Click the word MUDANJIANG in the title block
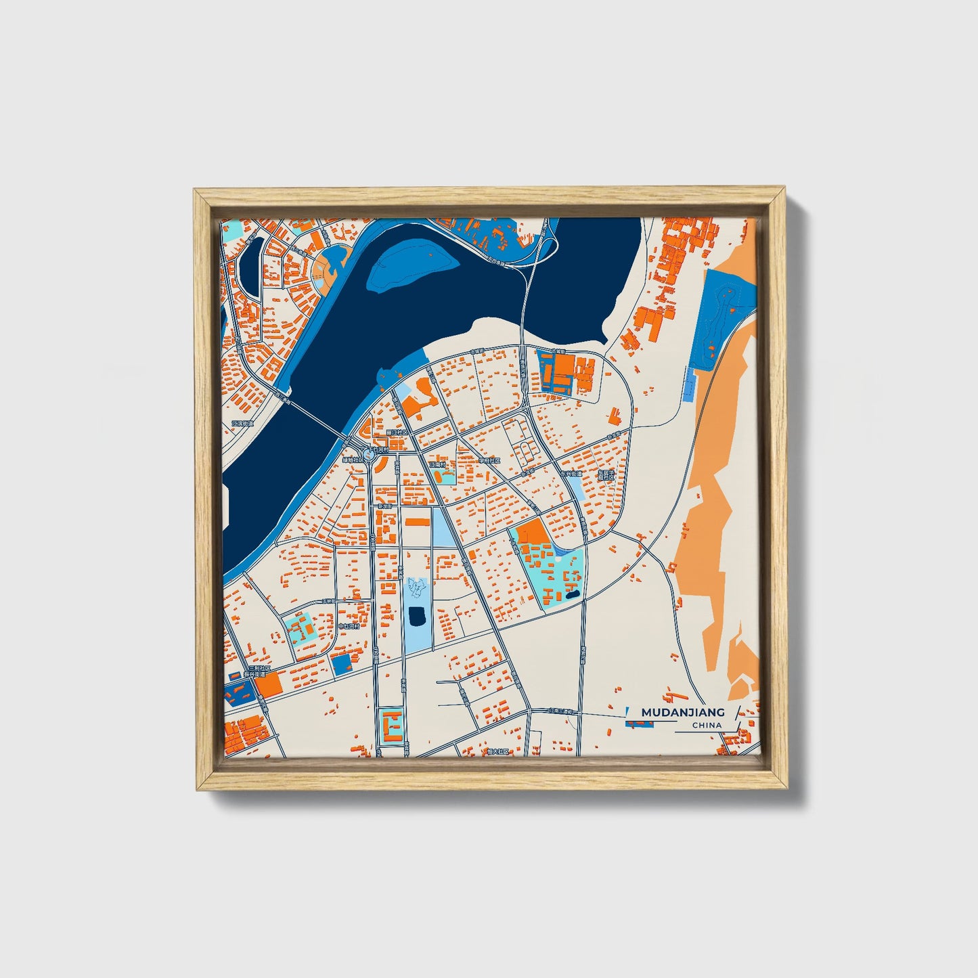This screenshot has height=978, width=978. click(x=682, y=712)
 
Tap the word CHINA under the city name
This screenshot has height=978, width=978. click(x=707, y=726)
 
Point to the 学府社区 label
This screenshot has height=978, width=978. click(x=489, y=461)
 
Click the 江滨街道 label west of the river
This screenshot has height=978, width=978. click(x=242, y=424)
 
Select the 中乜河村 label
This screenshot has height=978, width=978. click(x=349, y=626)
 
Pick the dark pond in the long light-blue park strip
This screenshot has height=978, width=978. click(x=417, y=616)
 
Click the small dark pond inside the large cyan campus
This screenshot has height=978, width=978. click(x=573, y=594)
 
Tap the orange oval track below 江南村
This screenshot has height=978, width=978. click(x=447, y=478)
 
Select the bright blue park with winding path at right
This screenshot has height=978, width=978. click(x=724, y=318)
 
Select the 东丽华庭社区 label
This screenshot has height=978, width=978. click(x=606, y=474)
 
